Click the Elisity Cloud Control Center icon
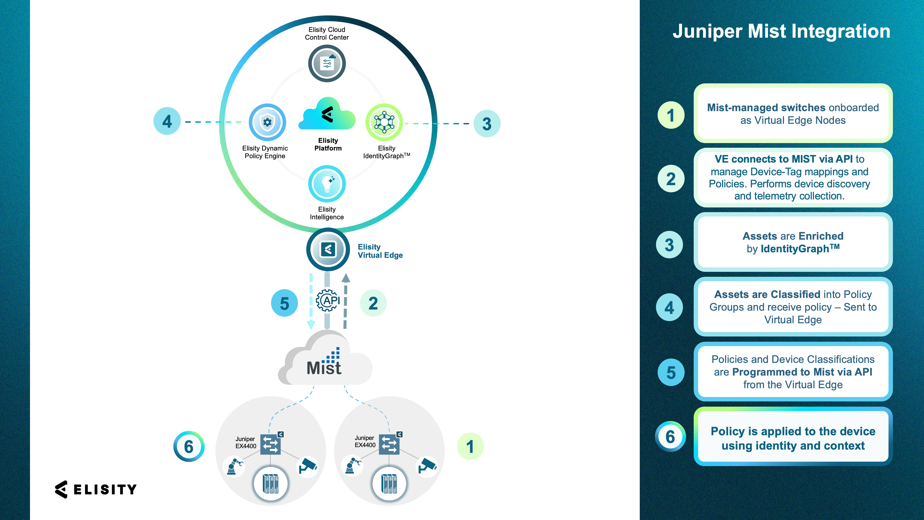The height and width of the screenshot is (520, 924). pyautogui.click(x=327, y=64)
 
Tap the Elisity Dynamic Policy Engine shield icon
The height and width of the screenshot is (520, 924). pyautogui.click(x=267, y=122)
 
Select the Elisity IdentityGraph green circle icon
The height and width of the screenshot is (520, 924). pyautogui.click(x=384, y=122)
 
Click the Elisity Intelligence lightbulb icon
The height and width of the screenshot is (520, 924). pyautogui.click(x=327, y=184)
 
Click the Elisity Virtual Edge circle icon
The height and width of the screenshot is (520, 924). pyautogui.click(x=328, y=250)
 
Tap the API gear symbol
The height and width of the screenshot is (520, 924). pyautogui.click(x=327, y=300)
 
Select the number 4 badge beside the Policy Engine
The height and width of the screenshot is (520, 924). pyautogui.click(x=167, y=121)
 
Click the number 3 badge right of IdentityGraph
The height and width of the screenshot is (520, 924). pyautogui.click(x=487, y=124)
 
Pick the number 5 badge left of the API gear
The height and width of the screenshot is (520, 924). pyautogui.click(x=285, y=303)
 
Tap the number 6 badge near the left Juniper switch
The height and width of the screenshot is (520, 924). pyautogui.click(x=189, y=447)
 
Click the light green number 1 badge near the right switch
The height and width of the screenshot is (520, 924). pyautogui.click(x=470, y=447)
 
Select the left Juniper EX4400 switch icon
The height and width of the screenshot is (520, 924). pyautogui.click(x=270, y=444)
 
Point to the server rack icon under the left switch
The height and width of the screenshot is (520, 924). pyautogui.click(x=270, y=484)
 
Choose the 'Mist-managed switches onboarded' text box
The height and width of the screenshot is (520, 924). pyautogui.click(x=793, y=114)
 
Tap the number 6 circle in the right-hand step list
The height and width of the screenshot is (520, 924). pyautogui.click(x=670, y=436)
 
